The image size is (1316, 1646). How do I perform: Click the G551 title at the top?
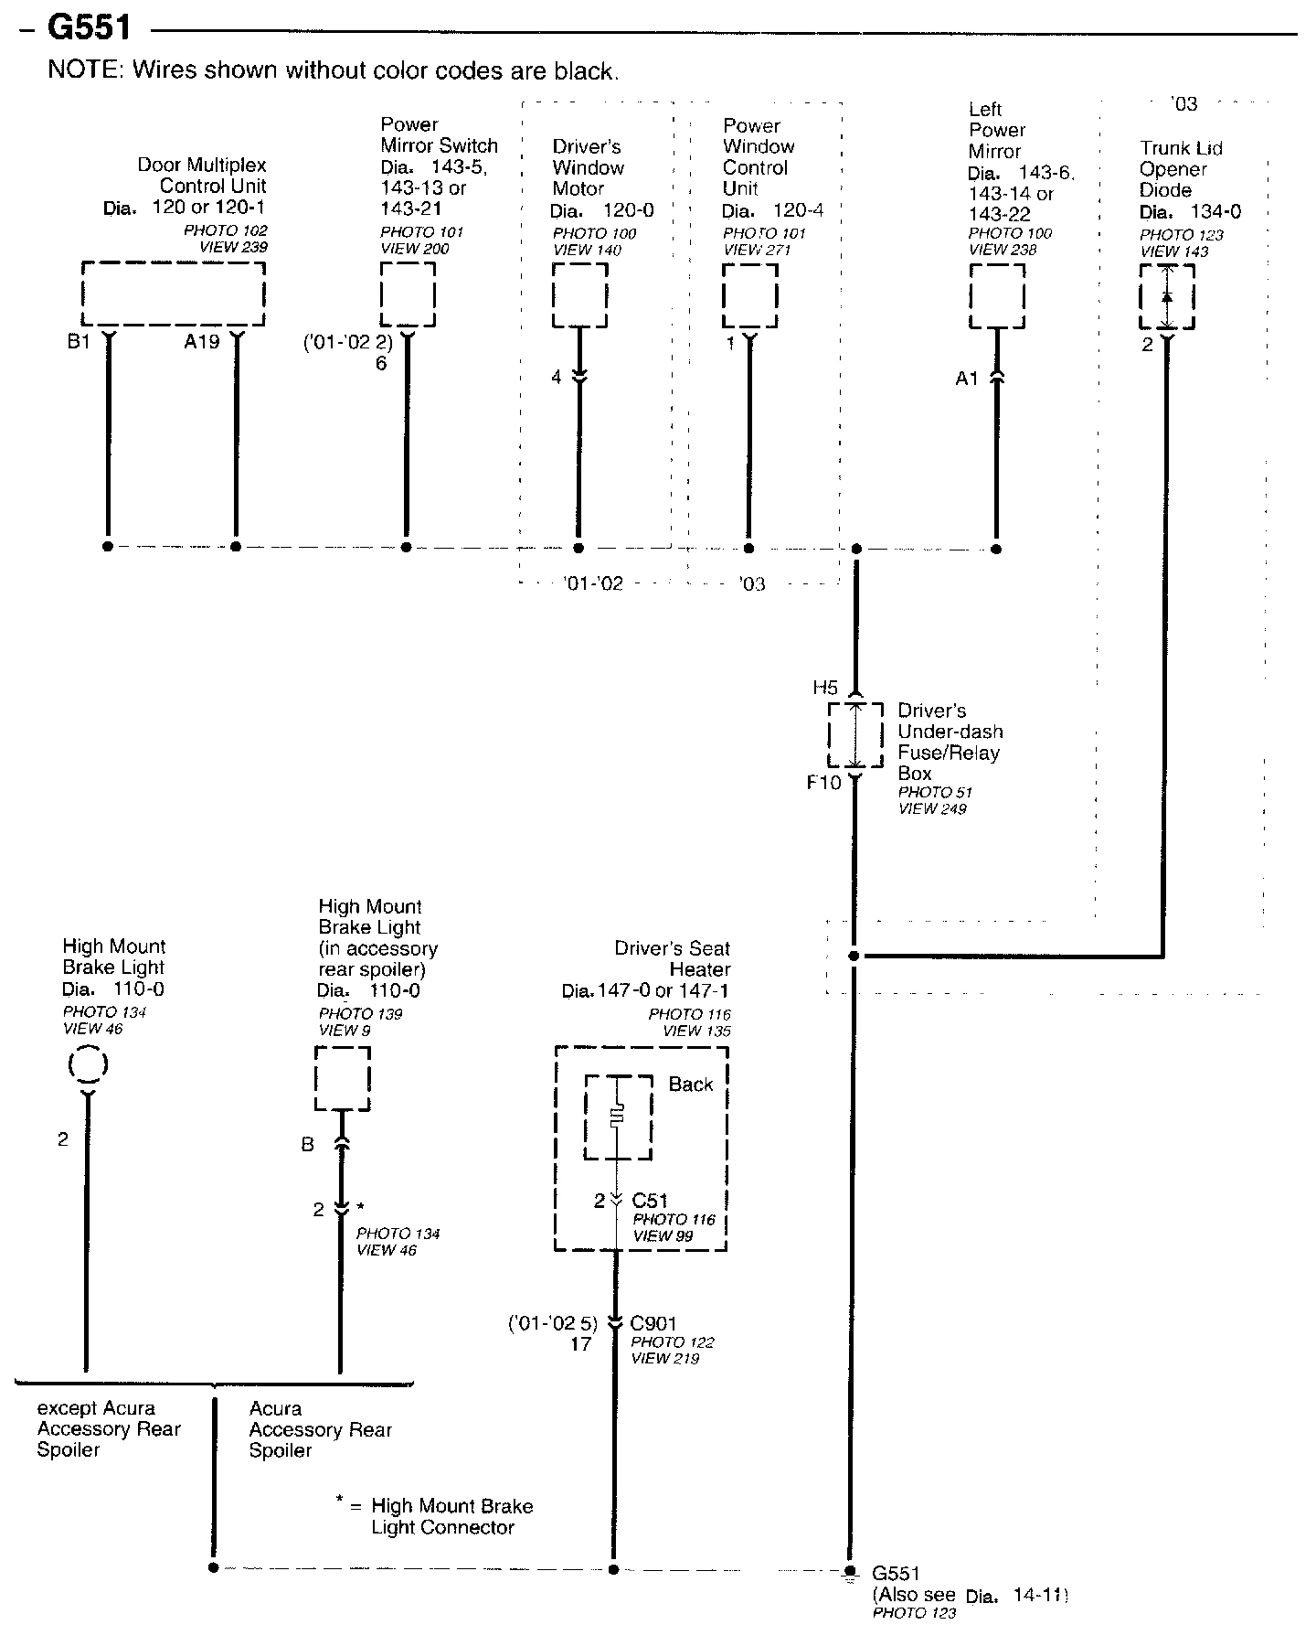[x=89, y=28]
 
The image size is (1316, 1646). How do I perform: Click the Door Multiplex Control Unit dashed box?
[x=174, y=294]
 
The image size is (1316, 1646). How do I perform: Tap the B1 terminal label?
[x=79, y=343]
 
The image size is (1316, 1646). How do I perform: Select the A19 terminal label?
[x=202, y=343]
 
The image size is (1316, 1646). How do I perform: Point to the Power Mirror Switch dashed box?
[x=408, y=294]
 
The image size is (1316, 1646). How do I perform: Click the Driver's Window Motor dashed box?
[x=579, y=294]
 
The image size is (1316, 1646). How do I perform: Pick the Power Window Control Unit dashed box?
[x=749, y=294]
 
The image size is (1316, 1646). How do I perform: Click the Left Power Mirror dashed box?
[x=996, y=295]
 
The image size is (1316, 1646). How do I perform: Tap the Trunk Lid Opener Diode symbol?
[x=1166, y=297]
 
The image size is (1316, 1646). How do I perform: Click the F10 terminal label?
[x=823, y=783]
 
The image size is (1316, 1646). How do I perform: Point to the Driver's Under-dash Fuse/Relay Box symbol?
[x=855, y=735]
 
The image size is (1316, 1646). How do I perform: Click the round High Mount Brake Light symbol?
[x=88, y=1065]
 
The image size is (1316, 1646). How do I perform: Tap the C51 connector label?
[x=650, y=1201]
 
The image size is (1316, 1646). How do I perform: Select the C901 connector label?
[x=653, y=1323]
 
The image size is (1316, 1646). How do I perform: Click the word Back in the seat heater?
[x=690, y=1085]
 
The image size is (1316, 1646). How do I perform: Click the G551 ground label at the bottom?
[x=896, y=1574]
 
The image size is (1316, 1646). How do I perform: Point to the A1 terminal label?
[x=967, y=379]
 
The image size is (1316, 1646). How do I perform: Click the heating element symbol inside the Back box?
[x=619, y=1117]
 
